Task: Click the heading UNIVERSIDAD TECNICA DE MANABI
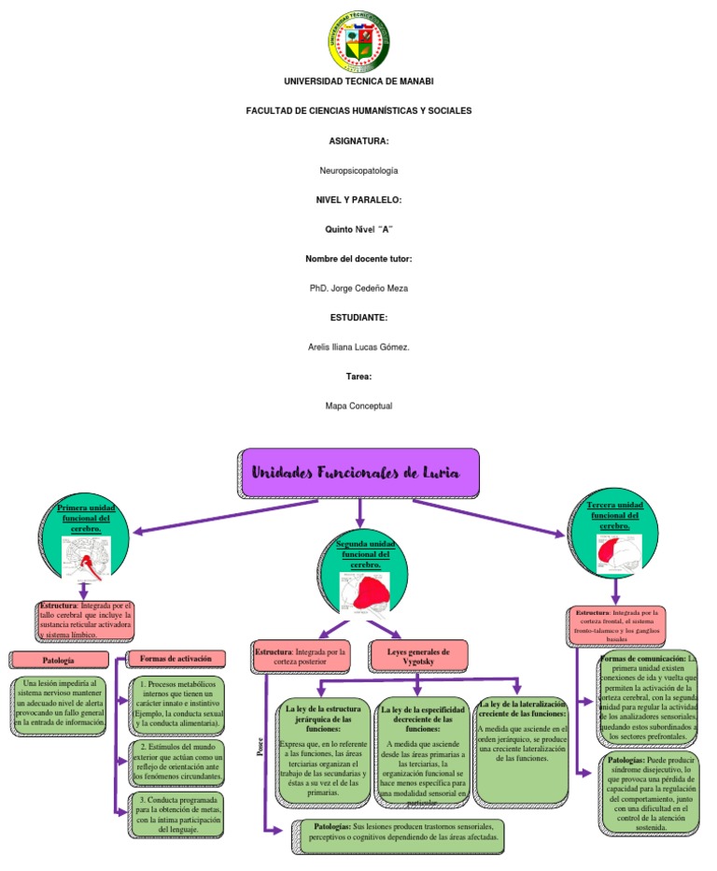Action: (x=358, y=82)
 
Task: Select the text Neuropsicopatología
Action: (x=358, y=170)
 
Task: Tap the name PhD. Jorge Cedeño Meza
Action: (x=358, y=288)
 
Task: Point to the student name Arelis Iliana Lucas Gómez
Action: (x=358, y=347)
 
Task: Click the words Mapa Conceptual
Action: (x=358, y=406)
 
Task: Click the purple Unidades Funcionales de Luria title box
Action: (x=359, y=473)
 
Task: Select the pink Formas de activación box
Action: (x=172, y=660)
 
